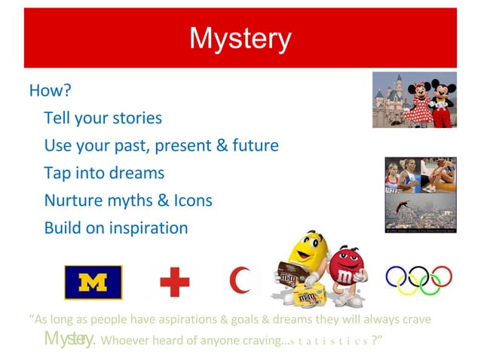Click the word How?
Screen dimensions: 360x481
coord(50,91)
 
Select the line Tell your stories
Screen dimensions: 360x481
coord(103,118)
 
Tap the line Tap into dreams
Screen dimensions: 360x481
coord(104,172)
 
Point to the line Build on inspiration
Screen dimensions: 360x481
coord(115,227)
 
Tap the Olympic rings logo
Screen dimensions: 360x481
coord(418,281)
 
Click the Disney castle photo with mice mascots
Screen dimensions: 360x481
coord(414,99)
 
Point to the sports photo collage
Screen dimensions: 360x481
coord(420,194)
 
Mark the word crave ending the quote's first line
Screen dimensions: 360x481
coord(414,319)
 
